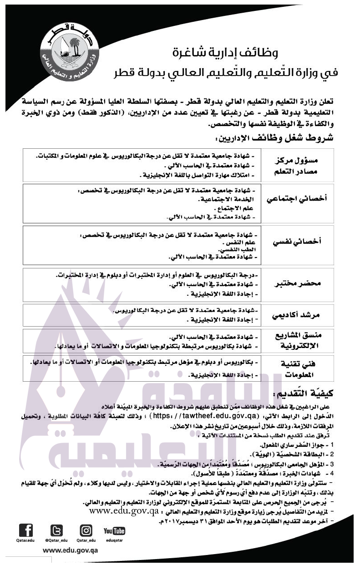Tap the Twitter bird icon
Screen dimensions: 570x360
pyautogui.click(x=56, y=531)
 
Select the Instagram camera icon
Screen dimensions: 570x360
pyautogui.click(x=86, y=530)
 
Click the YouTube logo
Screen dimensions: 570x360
pyautogui.click(x=114, y=531)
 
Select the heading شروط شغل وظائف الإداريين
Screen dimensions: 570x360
pyautogui.click(x=273, y=138)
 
